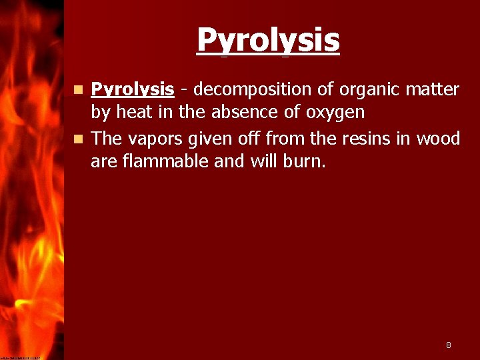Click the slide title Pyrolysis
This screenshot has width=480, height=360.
click(268, 41)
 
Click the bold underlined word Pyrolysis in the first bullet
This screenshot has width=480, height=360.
click(133, 90)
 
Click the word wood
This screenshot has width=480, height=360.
click(438, 139)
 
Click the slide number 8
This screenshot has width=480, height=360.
click(449, 345)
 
